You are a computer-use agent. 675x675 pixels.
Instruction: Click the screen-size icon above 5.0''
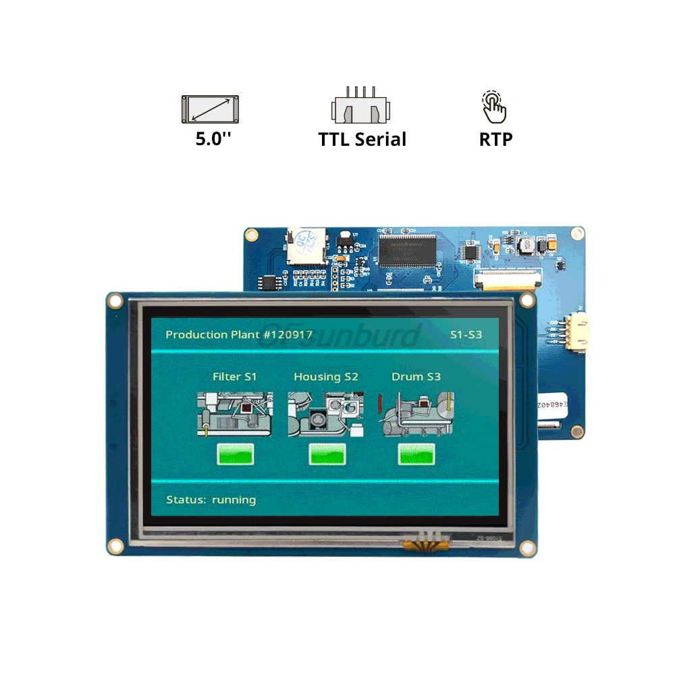[x=210, y=109]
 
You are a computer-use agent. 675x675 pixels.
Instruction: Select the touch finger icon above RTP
[x=495, y=107]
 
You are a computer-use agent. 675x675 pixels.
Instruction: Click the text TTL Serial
[x=362, y=140]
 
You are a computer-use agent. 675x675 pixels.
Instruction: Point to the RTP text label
[x=495, y=140]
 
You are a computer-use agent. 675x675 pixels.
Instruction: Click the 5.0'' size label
[x=214, y=140]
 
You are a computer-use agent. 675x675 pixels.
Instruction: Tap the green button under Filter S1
[x=235, y=454]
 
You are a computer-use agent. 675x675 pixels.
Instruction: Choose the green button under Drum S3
[x=416, y=454]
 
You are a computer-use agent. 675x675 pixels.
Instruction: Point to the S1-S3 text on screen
[x=466, y=335]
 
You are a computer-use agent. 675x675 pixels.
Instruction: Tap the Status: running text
[x=211, y=500]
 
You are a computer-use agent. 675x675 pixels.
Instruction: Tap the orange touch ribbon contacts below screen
[x=425, y=539]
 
